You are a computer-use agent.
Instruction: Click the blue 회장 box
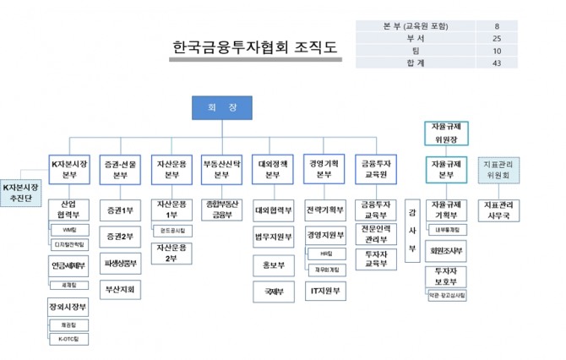coord(221,108)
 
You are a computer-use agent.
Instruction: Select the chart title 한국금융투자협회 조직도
coord(254,46)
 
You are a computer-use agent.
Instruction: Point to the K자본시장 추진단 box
coord(21,192)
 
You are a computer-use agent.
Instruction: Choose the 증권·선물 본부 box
coord(120,169)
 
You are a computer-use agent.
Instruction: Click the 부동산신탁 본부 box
coord(221,169)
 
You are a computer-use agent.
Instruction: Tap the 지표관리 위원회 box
coord(498,169)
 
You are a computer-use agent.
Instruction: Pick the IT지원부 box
coord(325,291)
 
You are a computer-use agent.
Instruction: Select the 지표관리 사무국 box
coord(498,210)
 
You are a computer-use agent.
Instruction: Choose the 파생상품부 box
coord(120,263)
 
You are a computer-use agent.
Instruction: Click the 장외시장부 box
coord(69,307)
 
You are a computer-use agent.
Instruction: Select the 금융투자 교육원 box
coord(375,169)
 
